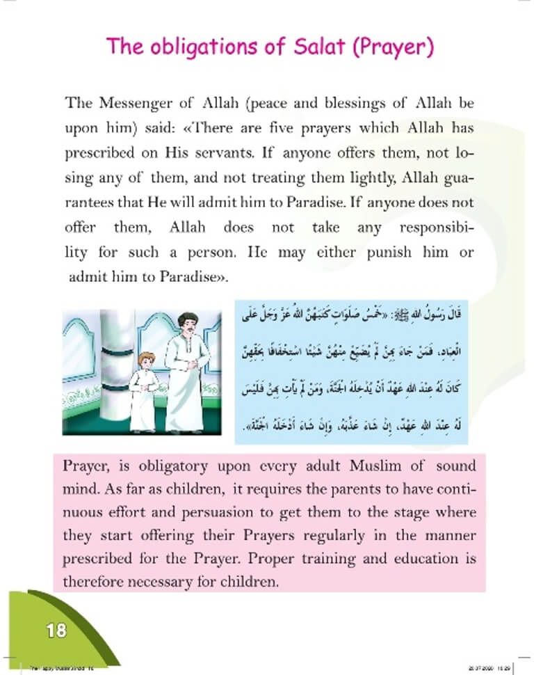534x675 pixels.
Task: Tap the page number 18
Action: (x=56, y=631)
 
